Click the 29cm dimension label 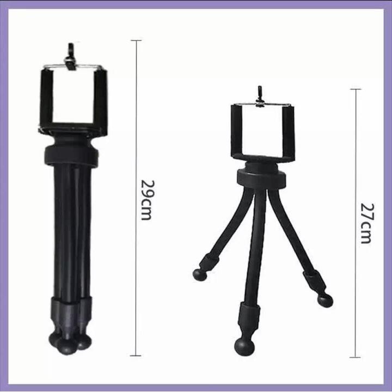pos(146,200)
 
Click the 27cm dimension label pos(367,223)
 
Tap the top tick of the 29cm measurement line pos(136,40)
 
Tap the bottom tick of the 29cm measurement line pos(136,355)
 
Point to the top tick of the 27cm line pos(356,89)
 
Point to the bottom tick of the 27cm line pos(355,357)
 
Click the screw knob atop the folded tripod pos(70,57)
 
